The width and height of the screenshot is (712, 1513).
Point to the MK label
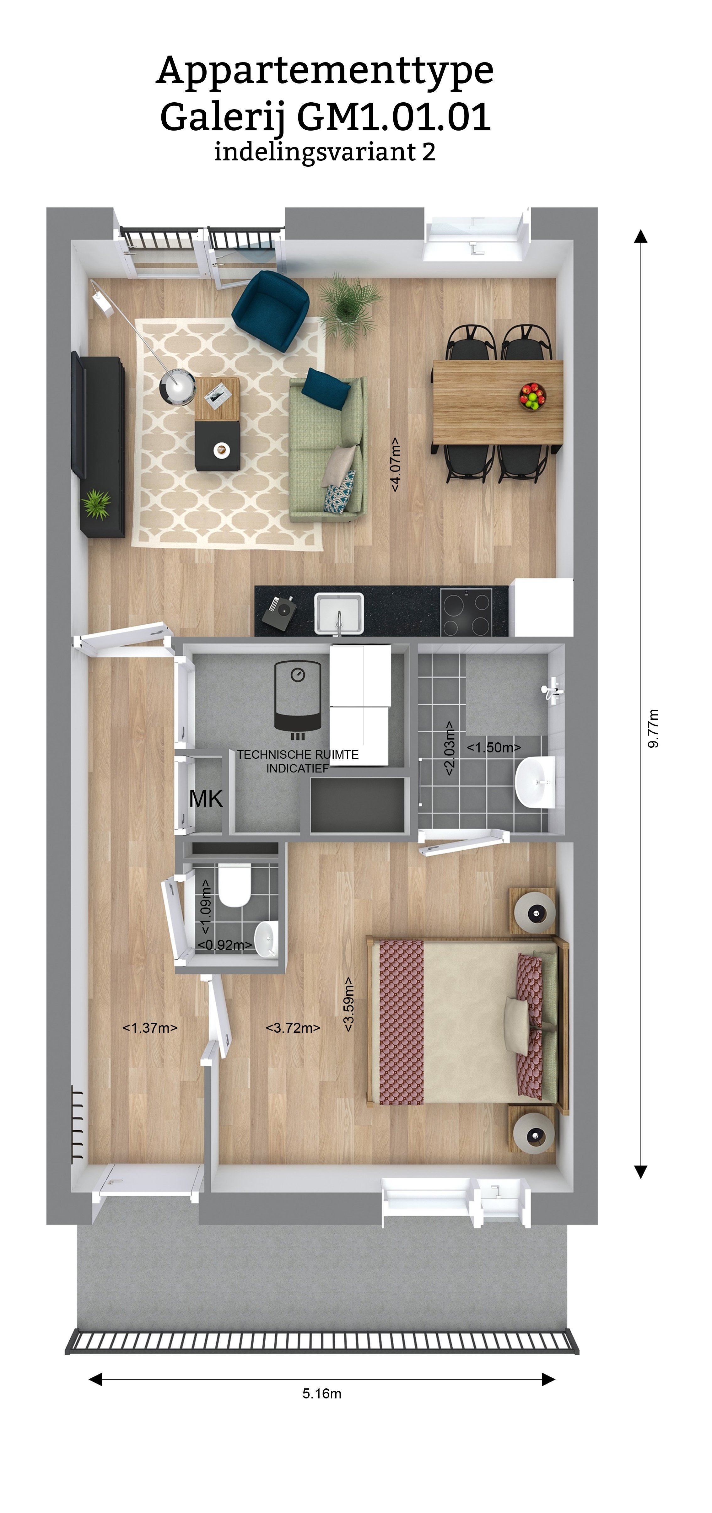pos(206,799)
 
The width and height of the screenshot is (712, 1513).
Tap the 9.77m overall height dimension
pos(653,728)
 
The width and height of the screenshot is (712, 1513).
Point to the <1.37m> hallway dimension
pos(150,1028)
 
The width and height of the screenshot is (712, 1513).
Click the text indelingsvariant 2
pos(325,152)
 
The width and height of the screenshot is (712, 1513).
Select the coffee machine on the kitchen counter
pos(278,613)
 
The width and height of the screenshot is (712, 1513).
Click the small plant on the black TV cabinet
pos(96,504)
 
